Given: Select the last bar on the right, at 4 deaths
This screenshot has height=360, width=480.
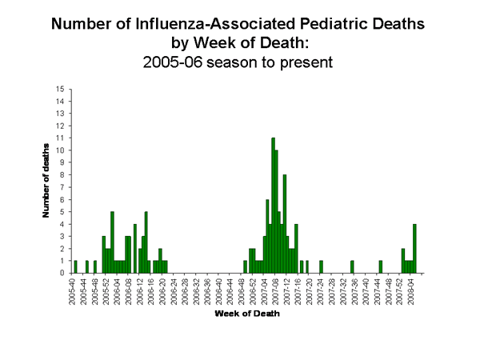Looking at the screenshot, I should click(414, 248).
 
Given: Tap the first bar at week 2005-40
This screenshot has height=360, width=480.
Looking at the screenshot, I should click(75, 266).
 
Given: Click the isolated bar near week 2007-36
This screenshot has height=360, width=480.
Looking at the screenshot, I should click(352, 266).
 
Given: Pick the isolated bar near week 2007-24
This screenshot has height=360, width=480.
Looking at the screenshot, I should click(321, 266).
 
